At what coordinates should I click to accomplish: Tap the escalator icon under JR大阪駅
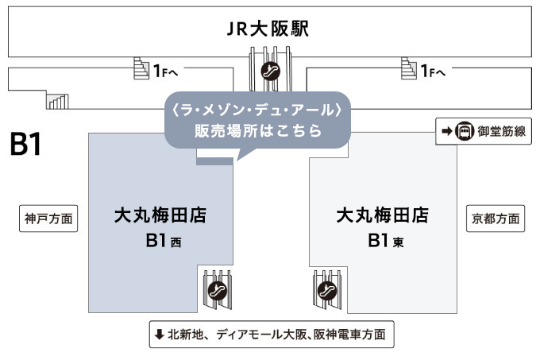(270, 70)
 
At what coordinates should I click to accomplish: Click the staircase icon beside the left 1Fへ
(141, 69)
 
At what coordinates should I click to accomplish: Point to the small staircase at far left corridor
(57, 100)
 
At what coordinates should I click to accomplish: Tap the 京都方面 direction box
(496, 218)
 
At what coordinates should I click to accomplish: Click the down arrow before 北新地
(159, 335)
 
